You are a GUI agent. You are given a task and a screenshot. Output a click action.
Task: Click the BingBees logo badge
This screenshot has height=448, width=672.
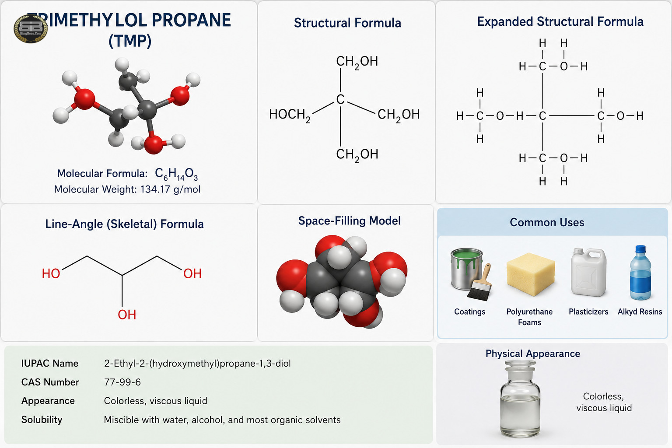coord(31,28)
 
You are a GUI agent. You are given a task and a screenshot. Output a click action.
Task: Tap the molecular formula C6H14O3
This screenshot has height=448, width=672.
coord(176,174)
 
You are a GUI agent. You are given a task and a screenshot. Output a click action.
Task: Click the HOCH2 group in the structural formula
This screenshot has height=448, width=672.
coord(290,115)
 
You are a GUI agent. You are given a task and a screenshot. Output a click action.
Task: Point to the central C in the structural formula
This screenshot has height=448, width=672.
coord(340,99)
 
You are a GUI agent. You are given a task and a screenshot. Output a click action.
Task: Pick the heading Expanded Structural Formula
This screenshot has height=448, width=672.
coord(560,22)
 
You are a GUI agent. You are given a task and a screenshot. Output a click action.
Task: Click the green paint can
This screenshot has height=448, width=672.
coord(466,269)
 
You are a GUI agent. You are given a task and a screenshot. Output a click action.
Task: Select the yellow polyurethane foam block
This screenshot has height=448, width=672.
coord(530,274)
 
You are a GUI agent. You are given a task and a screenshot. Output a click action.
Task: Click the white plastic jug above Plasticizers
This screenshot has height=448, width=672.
coord(588,272)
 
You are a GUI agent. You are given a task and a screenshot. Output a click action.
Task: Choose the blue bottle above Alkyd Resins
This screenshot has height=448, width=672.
coord(640,273)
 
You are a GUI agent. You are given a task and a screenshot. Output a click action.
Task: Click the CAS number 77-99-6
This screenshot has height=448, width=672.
coord(122,382)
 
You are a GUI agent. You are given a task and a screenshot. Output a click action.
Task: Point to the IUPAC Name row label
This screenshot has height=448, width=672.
coord(50,364)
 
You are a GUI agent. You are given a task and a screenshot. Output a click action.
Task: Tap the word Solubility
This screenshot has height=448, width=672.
coord(42,420)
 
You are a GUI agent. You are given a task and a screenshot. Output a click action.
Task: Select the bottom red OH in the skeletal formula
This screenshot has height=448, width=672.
coord(127,315)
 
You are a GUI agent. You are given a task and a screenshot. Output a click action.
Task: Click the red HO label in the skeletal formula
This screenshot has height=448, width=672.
coord(51,274)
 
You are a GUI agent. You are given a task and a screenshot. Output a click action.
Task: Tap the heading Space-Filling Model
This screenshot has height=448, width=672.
coord(350,221)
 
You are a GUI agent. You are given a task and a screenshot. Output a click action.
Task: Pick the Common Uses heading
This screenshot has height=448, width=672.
coord(547,222)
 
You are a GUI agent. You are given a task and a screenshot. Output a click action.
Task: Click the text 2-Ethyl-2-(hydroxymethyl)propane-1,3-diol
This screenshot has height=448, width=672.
coord(197,364)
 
